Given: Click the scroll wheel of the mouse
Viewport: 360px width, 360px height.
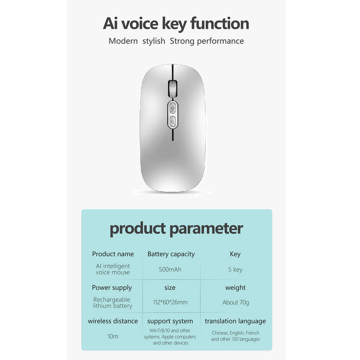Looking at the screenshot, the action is pos(173,89).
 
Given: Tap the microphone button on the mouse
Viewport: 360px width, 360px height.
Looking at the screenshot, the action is pos(173,108).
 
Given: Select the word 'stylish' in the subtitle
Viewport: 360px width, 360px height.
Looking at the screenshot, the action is pos(153,41).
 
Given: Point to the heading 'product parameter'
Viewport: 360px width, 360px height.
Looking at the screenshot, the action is pos(176,229).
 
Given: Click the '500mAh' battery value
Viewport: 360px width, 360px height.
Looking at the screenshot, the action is pos(170,269).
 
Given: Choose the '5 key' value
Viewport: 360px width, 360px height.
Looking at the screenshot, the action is pos(235,270).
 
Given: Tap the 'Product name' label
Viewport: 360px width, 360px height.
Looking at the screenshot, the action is pos(113,254).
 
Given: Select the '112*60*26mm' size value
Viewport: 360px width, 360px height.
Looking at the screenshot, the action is pos(170,302).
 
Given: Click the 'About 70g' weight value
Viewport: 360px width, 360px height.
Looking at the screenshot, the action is pos(235,302).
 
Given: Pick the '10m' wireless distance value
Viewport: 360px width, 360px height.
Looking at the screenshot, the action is pos(113,336).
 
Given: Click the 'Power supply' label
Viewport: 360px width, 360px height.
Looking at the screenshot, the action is pos(112,288).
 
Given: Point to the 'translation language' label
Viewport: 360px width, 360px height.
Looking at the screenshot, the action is pos(235,321).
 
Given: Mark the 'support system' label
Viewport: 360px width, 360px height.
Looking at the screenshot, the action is pos(170,321).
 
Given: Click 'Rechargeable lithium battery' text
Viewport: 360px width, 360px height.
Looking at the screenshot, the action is pos(112,302).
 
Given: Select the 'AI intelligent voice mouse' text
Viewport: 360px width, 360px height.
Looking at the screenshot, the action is pos(113,269).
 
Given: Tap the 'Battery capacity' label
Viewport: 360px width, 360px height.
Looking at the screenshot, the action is pos(171,254).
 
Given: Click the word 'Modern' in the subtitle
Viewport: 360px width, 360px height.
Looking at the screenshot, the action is pos(123,41).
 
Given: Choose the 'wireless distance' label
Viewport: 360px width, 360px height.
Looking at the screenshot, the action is pos(113,321).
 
